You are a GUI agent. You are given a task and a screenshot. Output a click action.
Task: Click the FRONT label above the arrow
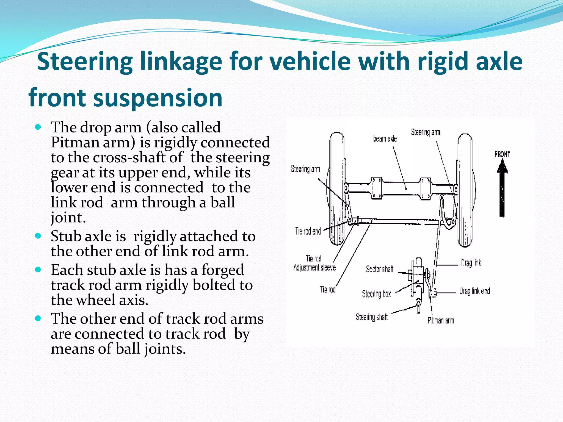[502, 154]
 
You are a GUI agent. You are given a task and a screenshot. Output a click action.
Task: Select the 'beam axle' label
[385, 139]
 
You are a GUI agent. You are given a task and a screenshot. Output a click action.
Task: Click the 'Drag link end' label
[474, 291]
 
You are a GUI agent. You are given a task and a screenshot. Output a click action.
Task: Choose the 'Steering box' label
[376, 294]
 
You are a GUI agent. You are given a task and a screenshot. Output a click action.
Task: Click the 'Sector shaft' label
[380, 269]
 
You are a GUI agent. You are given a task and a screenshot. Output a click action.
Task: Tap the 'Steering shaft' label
[372, 317]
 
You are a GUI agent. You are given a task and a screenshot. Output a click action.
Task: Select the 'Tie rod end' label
[308, 231]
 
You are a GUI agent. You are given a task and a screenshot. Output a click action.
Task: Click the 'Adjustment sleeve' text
[314, 268]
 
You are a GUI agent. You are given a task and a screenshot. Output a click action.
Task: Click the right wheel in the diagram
[465, 190]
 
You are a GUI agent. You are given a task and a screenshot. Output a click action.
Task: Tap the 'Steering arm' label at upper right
[426, 132]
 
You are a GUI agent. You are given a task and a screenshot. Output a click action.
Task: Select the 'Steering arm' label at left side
[305, 169]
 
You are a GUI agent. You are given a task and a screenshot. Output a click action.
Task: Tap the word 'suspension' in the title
[158, 98]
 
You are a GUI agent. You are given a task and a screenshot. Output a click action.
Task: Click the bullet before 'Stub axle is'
[38, 236]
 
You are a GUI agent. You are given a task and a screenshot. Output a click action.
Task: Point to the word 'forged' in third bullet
[222, 270]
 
